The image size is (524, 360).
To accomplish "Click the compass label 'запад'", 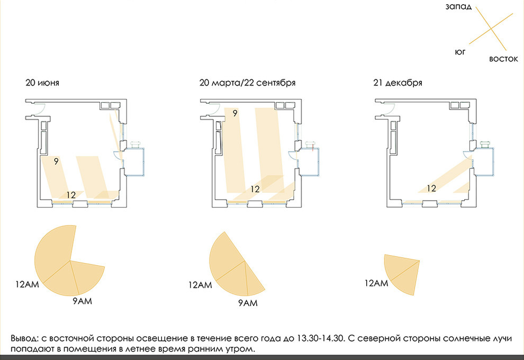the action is [x=458, y=7].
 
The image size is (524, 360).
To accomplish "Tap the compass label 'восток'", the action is [x=503, y=59].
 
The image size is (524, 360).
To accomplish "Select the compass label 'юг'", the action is [x=460, y=52].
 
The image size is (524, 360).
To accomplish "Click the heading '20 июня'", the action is [x=42, y=83].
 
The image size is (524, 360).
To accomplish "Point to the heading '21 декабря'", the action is [x=397, y=83].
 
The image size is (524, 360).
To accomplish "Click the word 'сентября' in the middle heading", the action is [x=276, y=83].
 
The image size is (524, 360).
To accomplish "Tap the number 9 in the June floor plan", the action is [x=56, y=161].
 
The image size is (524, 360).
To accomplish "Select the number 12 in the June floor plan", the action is [x=71, y=195].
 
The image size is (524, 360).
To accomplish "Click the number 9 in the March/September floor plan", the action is [x=235, y=113].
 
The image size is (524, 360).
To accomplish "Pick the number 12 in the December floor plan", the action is [x=431, y=188].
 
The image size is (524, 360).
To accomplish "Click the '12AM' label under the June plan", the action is [x=27, y=284].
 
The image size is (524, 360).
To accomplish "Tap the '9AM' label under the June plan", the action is [x=82, y=301].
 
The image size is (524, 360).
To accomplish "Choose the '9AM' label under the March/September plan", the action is [x=248, y=303].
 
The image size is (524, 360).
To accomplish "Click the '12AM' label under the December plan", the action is [x=376, y=283].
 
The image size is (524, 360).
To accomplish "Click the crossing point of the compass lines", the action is [x=491, y=29].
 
